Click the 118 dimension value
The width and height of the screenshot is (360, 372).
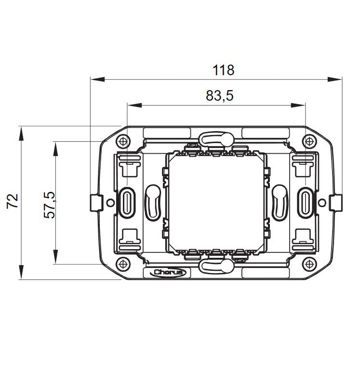pyautogui.click(x=223, y=70)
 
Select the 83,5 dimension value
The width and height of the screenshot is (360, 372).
pyautogui.click(x=219, y=95)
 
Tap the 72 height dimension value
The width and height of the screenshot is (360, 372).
pyautogui.click(x=13, y=201)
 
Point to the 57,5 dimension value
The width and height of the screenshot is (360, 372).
pyautogui.click(x=49, y=205)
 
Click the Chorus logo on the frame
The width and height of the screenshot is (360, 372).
pyautogui.click(x=168, y=272)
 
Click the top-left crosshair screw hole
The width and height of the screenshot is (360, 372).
pyautogui.click(x=123, y=142)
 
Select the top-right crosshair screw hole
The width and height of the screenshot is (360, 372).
pyautogui.click(x=309, y=142)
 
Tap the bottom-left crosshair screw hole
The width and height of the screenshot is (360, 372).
pyautogui.click(x=123, y=264)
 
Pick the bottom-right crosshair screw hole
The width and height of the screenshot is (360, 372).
pyautogui.click(x=309, y=264)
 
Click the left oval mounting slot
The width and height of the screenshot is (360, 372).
pyautogui.click(x=127, y=203)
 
